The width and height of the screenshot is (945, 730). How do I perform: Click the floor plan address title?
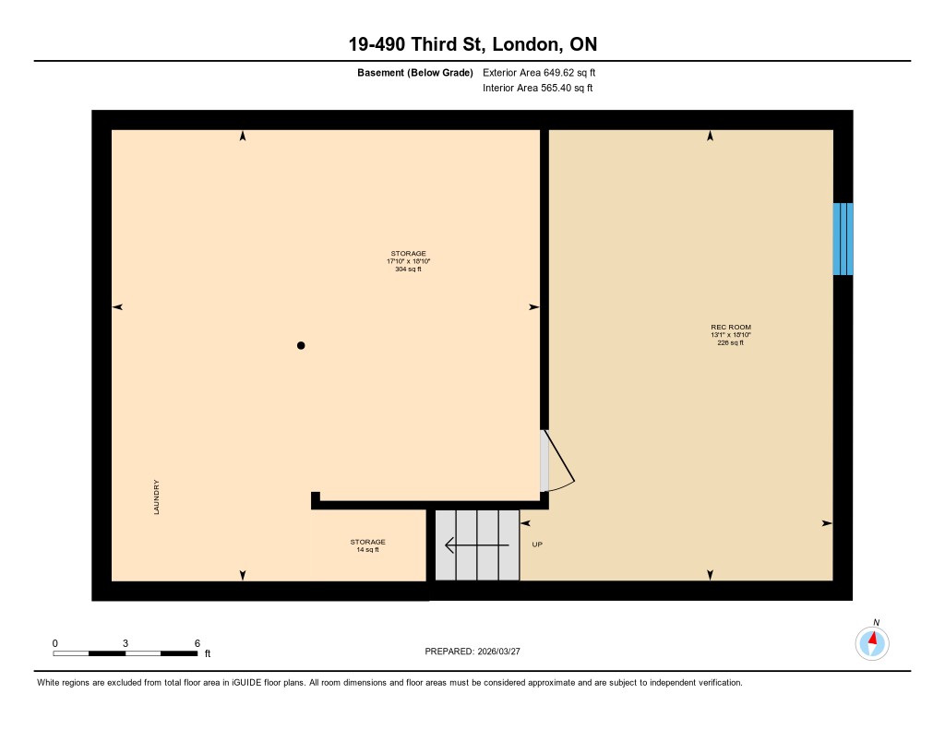[x=472, y=44]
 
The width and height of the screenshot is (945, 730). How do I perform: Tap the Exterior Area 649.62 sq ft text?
[x=539, y=72]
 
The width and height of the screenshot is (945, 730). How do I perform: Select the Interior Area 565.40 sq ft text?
[x=538, y=88]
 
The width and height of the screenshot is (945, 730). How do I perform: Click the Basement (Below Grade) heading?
[x=414, y=73]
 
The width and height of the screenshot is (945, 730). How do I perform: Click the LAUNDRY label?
[x=156, y=497]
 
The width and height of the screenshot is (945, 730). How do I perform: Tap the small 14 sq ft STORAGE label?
[x=367, y=545]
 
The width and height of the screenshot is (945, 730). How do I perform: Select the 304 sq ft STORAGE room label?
[x=408, y=261]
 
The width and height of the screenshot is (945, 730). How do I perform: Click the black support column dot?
[x=301, y=345]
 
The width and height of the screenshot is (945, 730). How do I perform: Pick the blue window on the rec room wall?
[x=843, y=239]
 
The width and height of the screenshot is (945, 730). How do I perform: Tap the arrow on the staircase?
[x=477, y=545]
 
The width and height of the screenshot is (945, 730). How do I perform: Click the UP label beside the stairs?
[x=537, y=545]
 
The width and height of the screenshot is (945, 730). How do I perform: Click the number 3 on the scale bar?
[x=126, y=643]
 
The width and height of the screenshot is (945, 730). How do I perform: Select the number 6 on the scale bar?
[x=197, y=643]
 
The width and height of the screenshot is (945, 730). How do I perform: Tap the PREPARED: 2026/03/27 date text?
[x=472, y=652]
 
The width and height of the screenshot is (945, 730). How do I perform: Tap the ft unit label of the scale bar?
[x=208, y=653]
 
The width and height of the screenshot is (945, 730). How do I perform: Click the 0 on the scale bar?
[x=54, y=643]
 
